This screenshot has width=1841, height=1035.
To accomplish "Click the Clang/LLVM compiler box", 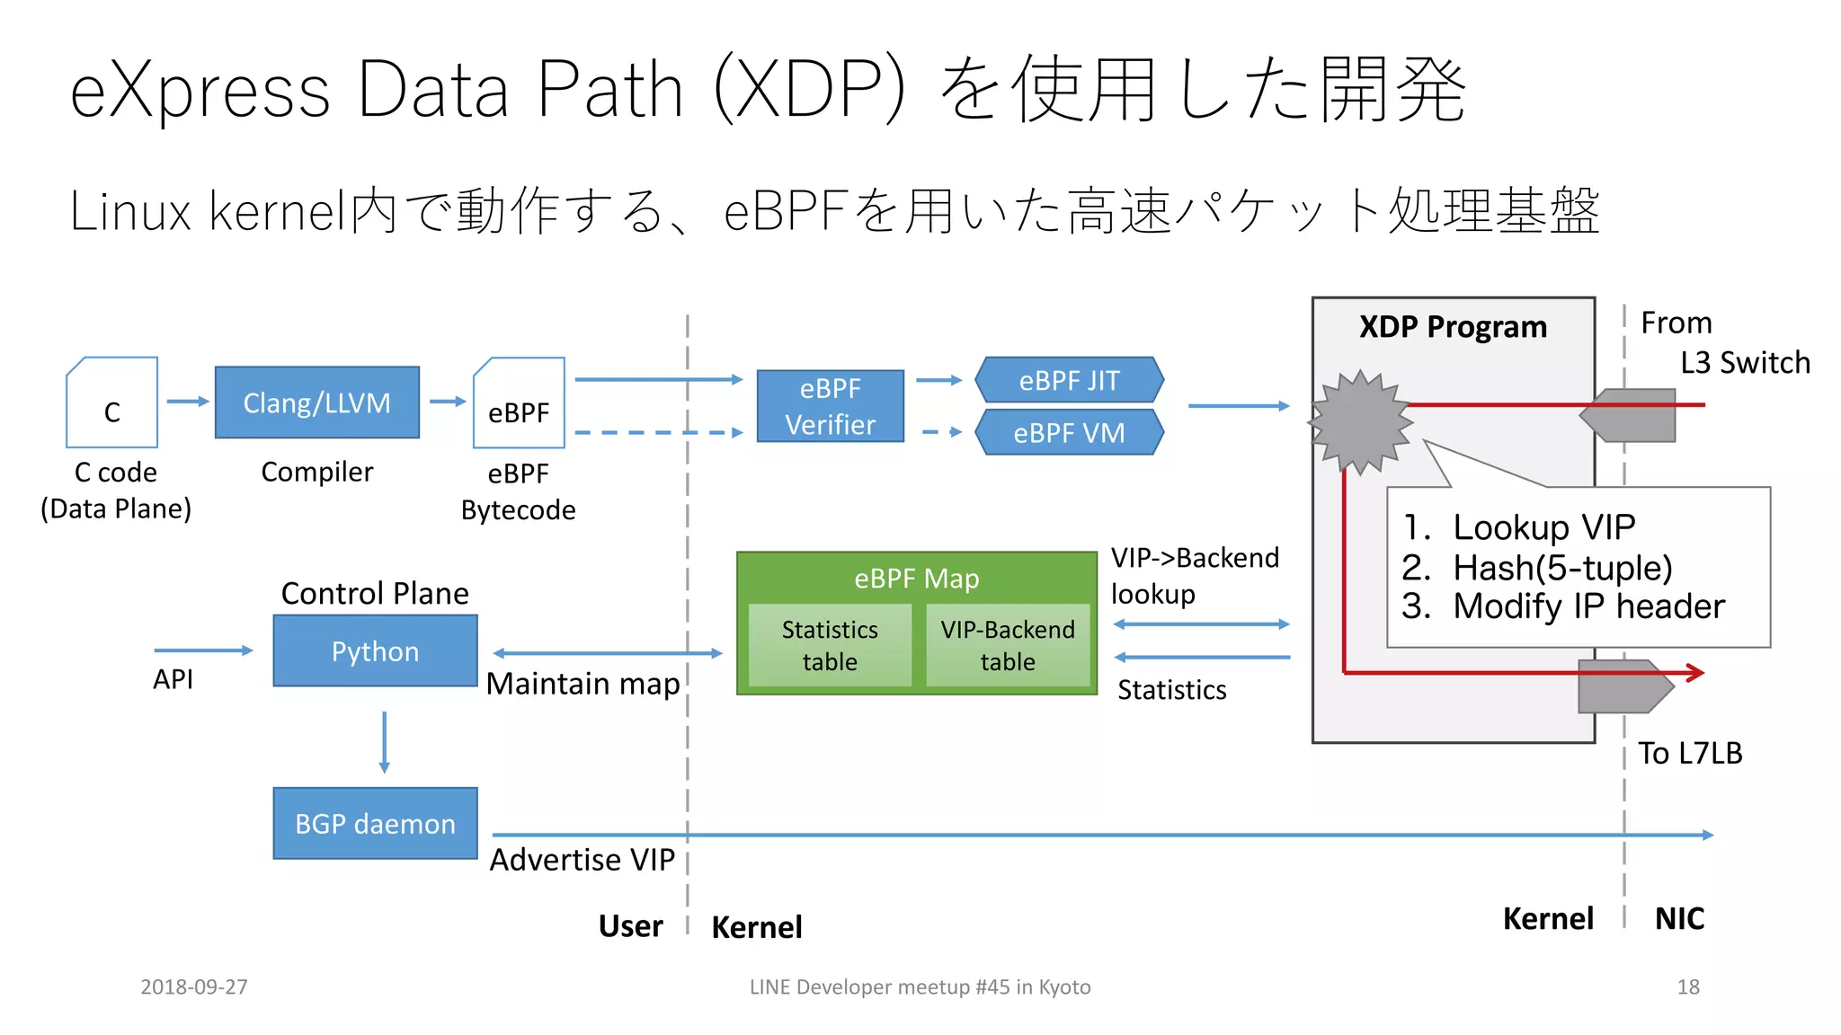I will (316, 402).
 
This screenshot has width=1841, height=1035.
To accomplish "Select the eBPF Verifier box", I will (830, 406).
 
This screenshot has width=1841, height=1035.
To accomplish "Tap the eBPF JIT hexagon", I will (1069, 380).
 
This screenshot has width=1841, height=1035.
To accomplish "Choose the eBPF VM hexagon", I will (1069, 432).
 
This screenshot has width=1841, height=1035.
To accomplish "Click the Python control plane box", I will (375, 650).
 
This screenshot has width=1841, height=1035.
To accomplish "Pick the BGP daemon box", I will (375, 823).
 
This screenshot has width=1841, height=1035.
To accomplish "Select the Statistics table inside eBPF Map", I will (829, 645).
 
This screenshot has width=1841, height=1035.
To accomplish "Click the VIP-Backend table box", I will (1007, 645).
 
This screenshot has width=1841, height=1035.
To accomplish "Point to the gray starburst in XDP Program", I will (1360, 421).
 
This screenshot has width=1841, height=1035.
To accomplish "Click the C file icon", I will (111, 403).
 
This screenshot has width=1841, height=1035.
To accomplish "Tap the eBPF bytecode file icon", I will (519, 403).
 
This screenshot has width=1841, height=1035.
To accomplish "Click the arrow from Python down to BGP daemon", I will (385, 741).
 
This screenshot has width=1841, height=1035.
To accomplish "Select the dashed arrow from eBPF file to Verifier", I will (658, 433).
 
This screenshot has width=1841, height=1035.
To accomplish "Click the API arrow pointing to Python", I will (203, 650).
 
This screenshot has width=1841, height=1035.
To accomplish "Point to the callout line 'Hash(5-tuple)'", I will (1561, 568).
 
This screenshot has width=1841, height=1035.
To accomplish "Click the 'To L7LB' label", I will (1689, 753).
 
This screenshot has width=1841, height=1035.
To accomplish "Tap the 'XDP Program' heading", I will (1453, 327).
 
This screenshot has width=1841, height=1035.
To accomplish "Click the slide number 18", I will (1687, 986).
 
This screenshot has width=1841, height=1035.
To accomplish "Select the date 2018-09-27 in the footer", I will (194, 986).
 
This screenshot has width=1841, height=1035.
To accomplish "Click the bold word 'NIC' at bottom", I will (1679, 918).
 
